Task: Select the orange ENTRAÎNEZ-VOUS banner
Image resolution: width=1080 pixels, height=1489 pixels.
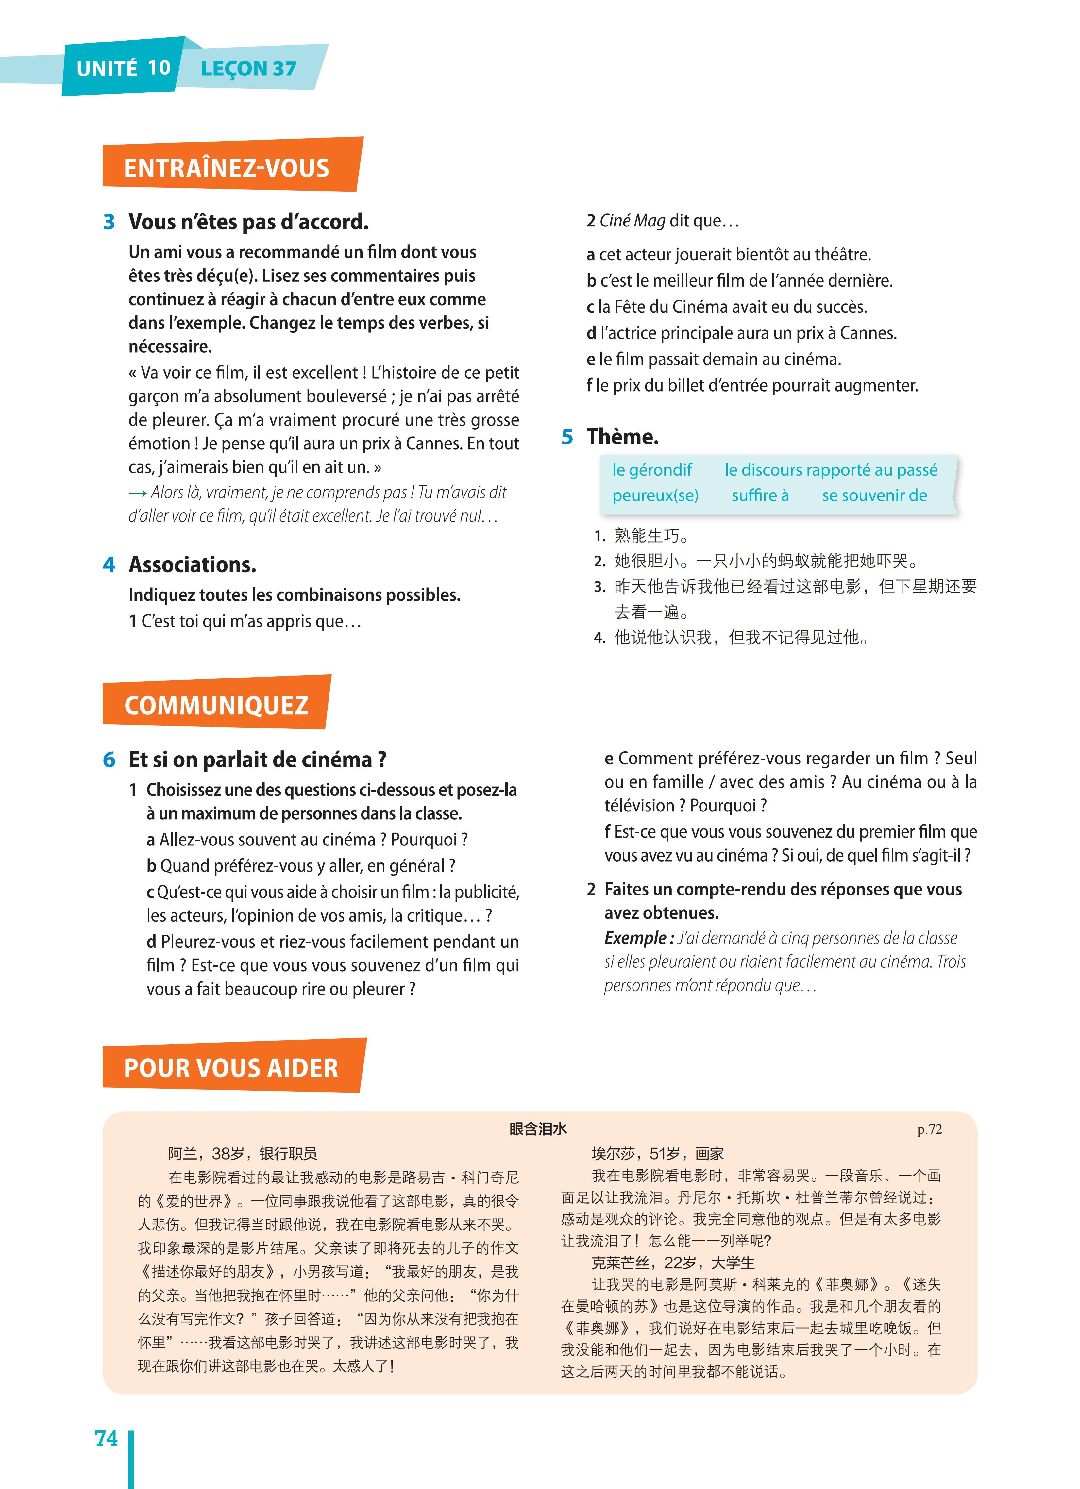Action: (227, 168)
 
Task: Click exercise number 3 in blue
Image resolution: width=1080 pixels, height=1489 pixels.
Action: (109, 223)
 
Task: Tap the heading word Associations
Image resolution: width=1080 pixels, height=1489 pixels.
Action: (192, 565)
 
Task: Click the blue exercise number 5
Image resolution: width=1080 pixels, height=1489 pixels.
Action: (567, 437)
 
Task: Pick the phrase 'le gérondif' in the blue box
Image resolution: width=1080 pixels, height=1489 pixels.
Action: (652, 470)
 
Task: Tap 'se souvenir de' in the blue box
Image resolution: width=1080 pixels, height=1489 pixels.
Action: (874, 496)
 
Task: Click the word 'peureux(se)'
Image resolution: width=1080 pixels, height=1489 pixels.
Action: (655, 496)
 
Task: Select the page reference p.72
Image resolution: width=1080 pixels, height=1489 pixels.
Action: (929, 1129)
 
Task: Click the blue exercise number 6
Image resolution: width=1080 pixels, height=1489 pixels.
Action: (109, 760)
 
